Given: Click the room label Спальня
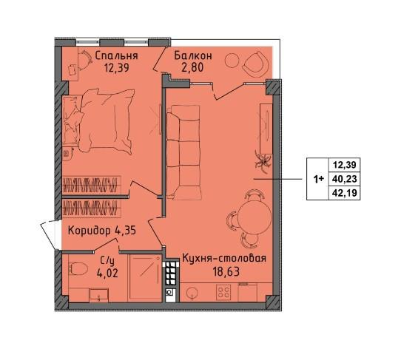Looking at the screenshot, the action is (x=116, y=55).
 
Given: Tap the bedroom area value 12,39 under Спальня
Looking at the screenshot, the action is (x=116, y=68).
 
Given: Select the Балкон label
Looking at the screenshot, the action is (x=193, y=55).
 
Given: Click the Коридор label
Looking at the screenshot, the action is (x=90, y=231).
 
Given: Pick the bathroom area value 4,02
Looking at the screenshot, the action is (x=107, y=274).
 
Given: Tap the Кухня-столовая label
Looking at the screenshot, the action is (x=224, y=258).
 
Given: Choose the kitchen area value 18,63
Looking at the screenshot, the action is (x=226, y=272).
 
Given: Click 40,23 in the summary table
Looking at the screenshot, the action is (x=344, y=179).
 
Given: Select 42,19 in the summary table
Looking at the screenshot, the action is (x=344, y=192).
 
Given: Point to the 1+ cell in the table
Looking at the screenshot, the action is (x=319, y=179).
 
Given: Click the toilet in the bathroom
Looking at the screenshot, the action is (x=78, y=268).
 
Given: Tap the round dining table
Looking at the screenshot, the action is (x=255, y=216).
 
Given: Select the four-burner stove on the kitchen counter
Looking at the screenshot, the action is (x=223, y=292).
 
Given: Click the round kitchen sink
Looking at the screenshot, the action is (x=192, y=292).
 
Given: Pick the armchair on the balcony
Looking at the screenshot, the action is (x=256, y=63).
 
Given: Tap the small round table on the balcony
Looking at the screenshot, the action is (x=232, y=61).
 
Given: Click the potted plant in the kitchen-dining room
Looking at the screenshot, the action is (x=263, y=161).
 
